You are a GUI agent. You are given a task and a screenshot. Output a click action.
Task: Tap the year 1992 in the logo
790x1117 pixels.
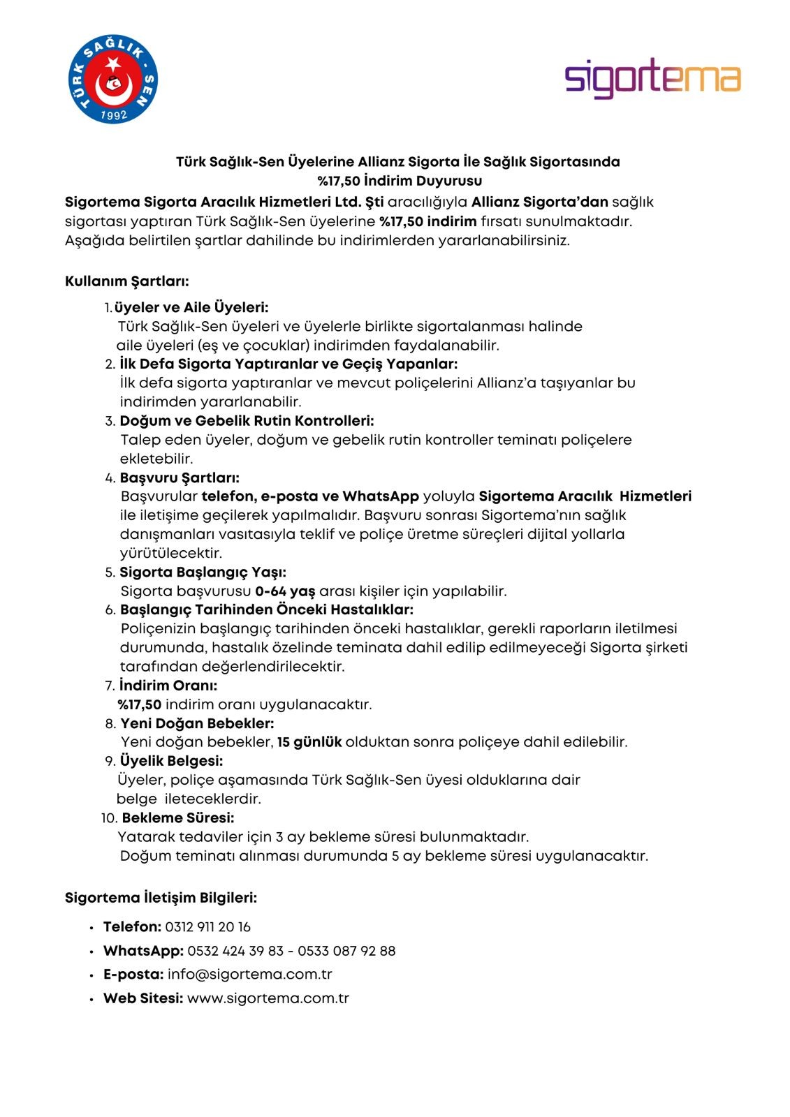tap(114, 114)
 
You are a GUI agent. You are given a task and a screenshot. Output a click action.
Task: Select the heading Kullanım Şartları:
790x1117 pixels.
tap(127, 281)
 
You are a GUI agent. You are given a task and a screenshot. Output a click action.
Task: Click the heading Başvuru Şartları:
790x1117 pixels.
tap(180, 478)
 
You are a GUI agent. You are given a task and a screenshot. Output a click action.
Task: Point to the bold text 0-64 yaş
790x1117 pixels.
tap(285, 591)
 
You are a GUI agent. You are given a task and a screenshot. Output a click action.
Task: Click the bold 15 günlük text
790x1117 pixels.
tap(309, 742)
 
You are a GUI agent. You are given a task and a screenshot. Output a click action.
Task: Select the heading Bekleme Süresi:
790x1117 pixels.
tap(178, 818)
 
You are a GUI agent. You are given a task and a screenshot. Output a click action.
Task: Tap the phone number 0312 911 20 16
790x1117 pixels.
tap(208, 927)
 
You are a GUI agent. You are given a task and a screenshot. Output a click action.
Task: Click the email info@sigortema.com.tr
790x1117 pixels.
tap(250, 974)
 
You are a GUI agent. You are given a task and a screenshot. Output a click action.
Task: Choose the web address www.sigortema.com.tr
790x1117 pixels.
tap(268, 998)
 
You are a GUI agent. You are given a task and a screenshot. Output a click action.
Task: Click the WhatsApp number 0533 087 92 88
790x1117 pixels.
tap(346, 951)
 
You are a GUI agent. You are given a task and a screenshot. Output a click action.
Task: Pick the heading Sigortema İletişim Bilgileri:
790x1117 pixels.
tap(161, 898)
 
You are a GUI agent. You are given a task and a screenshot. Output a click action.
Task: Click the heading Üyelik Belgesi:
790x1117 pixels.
tap(172, 761)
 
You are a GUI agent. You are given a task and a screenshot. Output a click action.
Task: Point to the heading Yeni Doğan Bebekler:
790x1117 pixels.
tap(197, 723)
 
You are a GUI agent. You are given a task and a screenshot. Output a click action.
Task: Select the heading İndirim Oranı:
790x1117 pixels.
tap(168, 686)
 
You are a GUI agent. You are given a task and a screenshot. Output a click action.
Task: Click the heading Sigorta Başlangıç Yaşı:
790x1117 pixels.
tap(203, 572)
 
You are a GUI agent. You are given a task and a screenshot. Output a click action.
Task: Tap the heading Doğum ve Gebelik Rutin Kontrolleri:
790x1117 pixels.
tap(247, 421)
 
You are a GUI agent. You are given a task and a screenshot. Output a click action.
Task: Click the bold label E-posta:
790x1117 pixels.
tap(133, 974)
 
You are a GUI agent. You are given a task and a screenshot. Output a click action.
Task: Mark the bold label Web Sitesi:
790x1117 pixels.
tap(143, 998)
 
